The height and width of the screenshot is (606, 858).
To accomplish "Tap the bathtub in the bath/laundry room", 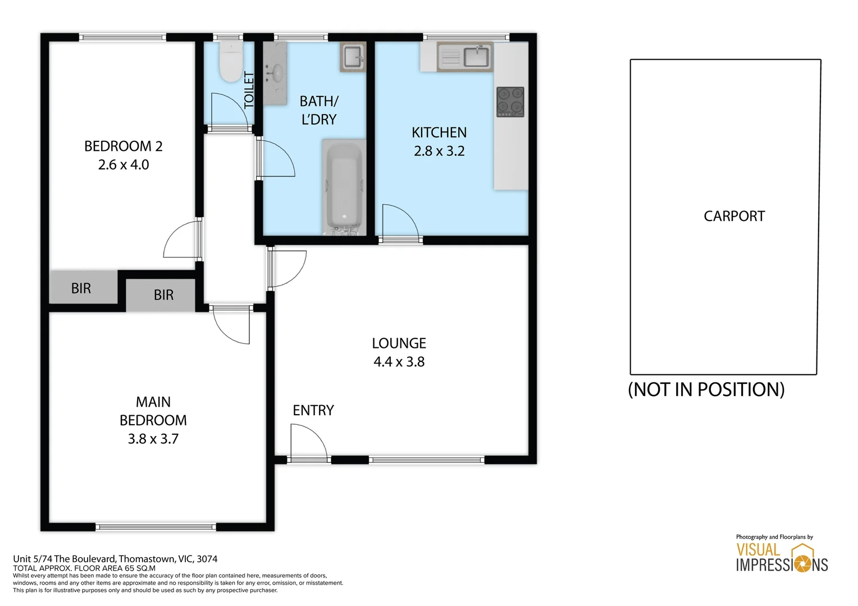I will pyautogui.click(x=343, y=188).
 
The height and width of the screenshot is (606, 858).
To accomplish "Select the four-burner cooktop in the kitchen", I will pyautogui.click(x=510, y=102).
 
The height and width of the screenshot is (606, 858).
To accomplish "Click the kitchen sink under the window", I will pyautogui.click(x=477, y=57).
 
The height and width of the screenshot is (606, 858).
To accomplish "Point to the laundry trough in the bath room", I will pyautogui.click(x=353, y=57).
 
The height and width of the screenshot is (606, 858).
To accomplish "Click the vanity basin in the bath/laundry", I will pyautogui.click(x=276, y=73).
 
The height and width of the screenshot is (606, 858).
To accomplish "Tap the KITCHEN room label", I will pyautogui.click(x=439, y=132).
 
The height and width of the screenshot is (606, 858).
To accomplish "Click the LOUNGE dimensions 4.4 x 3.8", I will pyautogui.click(x=399, y=362).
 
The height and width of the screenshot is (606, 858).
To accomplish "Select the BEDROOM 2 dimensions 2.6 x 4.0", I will pyautogui.click(x=124, y=165).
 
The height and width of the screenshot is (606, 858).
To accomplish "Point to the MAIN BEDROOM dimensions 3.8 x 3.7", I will pyautogui.click(x=153, y=439).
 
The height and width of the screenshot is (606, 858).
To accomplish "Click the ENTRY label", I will pyautogui.click(x=313, y=410).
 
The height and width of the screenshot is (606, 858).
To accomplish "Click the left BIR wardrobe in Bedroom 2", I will pyautogui.click(x=82, y=288).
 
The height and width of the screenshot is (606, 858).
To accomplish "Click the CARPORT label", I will pyautogui.click(x=734, y=216).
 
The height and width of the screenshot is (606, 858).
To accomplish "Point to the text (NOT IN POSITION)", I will pyautogui.click(x=706, y=389).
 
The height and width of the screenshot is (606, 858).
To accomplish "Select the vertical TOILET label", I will pyautogui.click(x=249, y=90).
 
